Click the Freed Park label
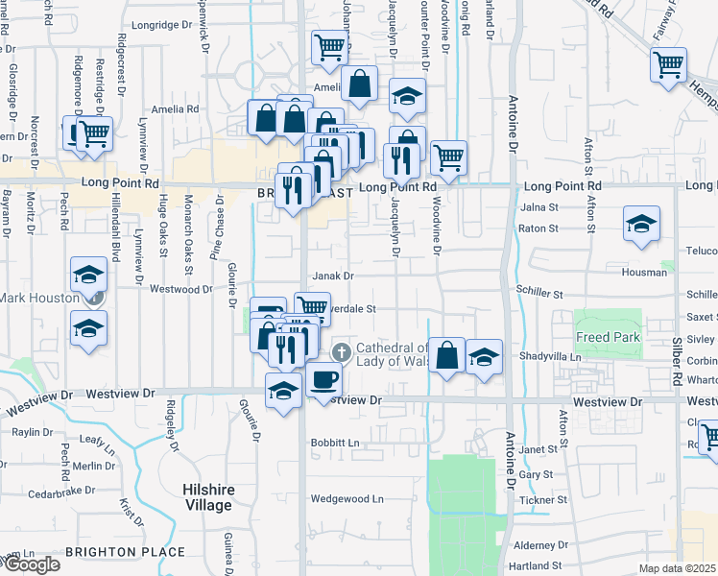pyautogui.click(x=608, y=337)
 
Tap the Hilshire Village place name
pyautogui.click(x=208, y=497)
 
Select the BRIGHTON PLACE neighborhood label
pyautogui.click(x=125, y=552)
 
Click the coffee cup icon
pyautogui.click(x=323, y=380)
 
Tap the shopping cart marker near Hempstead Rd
pyautogui.click(x=668, y=65)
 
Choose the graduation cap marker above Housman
pyautogui.click(x=641, y=225)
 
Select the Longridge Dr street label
pyautogui.click(x=161, y=26)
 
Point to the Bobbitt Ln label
pyautogui.click(x=334, y=443)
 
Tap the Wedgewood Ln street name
pyautogui.click(x=347, y=499)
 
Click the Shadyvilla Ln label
pyautogui.click(x=549, y=356)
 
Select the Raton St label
pyautogui.click(x=538, y=228)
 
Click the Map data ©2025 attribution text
pyautogui.click(x=678, y=568)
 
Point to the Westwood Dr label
pyautogui.click(x=180, y=288)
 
